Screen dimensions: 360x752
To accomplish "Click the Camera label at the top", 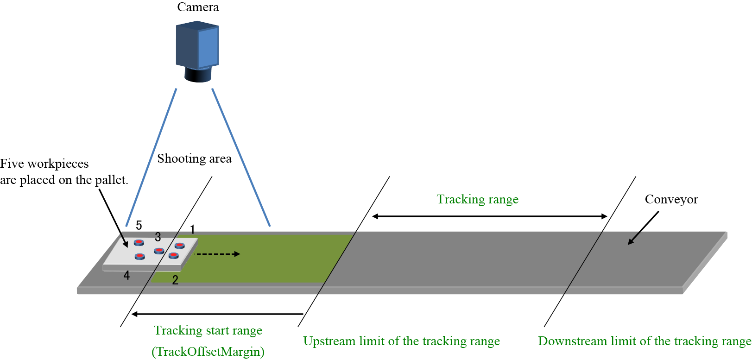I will (198, 7).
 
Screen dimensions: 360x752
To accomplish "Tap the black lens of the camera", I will (198, 75).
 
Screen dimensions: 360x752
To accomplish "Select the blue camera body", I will (197, 45).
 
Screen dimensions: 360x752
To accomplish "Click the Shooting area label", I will (194, 158).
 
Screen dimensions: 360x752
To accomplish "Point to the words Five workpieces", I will (44, 164).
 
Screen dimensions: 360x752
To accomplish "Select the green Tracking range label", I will (477, 199).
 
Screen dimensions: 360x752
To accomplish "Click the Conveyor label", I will (671, 199).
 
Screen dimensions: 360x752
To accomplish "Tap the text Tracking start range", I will (208, 330).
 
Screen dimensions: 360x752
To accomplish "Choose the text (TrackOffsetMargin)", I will (208, 351).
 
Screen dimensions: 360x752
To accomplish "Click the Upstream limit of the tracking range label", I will (401, 341).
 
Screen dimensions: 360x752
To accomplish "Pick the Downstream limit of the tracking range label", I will (644, 341).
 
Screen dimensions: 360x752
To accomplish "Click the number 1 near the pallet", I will (192, 229).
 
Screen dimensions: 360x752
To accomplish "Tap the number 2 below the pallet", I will (175, 280).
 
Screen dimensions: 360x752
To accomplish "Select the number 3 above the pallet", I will (158, 237).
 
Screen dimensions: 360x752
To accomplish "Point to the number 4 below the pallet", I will (126, 276).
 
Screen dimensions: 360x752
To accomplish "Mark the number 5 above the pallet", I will (139, 225).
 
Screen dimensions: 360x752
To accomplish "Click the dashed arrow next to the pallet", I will (217, 254).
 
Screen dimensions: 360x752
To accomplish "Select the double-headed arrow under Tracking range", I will (489, 216).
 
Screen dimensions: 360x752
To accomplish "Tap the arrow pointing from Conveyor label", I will (643, 228).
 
